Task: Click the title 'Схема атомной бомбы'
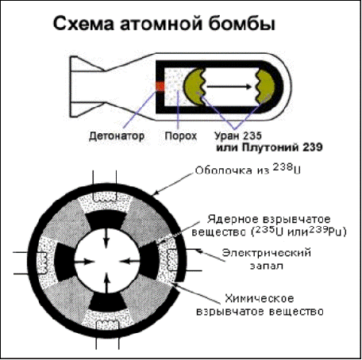point(164,24)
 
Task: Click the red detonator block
point(160,86)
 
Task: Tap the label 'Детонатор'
point(117,136)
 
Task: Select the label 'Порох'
point(181,136)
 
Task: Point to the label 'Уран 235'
point(238,136)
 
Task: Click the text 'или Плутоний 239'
point(269,147)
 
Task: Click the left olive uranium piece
point(194,86)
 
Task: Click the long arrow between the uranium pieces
point(229,86)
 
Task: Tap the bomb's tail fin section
point(87,86)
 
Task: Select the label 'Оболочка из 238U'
point(248,170)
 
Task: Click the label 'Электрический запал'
point(266,259)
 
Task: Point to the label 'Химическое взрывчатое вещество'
point(260,304)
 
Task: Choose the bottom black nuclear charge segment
point(106,302)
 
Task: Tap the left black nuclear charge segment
point(65,262)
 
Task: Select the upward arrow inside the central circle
point(106,283)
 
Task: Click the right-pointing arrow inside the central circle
point(84,262)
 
